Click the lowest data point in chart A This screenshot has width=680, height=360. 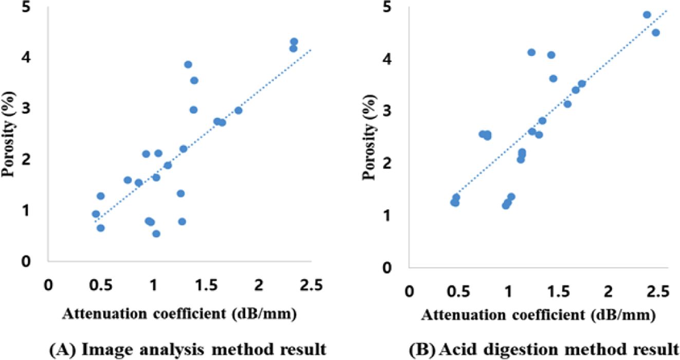[x=156, y=233]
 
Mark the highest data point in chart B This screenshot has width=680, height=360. [x=647, y=15]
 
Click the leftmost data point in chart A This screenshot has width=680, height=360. [x=96, y=214]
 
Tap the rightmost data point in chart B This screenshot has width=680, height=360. [x=655, y=32]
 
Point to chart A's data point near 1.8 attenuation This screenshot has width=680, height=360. [x=238, y=111]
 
